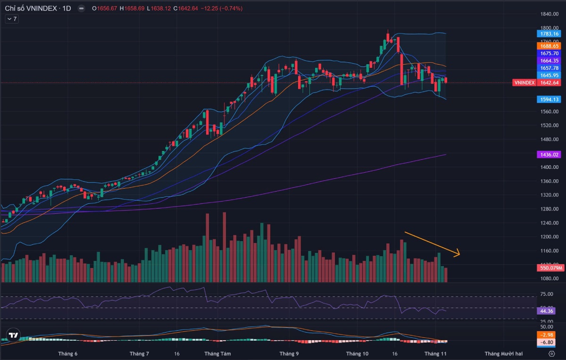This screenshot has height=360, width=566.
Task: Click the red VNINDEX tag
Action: [x=524, y=83]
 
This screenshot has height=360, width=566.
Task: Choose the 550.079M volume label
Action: [x=549, y=268]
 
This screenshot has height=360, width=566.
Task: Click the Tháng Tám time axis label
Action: [x=217, y=353]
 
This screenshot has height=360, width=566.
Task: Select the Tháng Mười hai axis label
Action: [x=503, y=353]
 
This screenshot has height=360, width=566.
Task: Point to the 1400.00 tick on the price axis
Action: [x=549, y=167]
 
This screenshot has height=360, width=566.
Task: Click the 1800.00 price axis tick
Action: [x=549, y=28]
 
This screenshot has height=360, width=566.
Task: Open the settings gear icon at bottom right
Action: [x=551, y=353]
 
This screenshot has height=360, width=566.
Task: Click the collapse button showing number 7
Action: [x=12, y=19]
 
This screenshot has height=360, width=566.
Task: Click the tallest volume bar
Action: [x=224, y=248]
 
